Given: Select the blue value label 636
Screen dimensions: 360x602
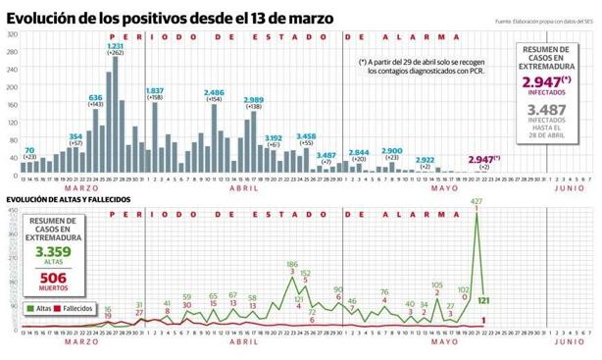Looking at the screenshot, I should click(x=96, y=98).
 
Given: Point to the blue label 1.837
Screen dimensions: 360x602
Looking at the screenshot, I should click(x=154, y=90).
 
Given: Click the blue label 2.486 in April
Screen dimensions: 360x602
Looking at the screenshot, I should click(x=214, y=92).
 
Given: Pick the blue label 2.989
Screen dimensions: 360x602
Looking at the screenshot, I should click(x=253, y=100).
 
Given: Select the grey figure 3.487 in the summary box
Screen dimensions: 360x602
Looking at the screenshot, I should click(x=545, y=111).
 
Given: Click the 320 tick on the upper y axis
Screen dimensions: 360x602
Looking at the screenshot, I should click(x=12, y=35).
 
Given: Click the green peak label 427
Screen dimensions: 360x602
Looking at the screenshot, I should click(x=477, y=202).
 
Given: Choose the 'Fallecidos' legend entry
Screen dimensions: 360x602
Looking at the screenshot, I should click(x=77, y=308).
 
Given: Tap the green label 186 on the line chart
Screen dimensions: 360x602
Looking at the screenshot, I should click(x=292, y=265).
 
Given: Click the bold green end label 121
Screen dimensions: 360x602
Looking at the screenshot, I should click(x=484, y=299).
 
